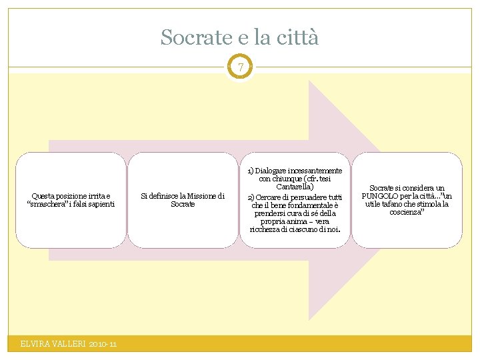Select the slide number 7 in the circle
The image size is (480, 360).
240,67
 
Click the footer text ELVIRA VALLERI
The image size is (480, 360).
52,344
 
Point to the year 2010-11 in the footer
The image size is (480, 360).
101,344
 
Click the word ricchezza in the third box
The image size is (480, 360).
265,229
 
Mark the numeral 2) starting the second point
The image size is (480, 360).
251,197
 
